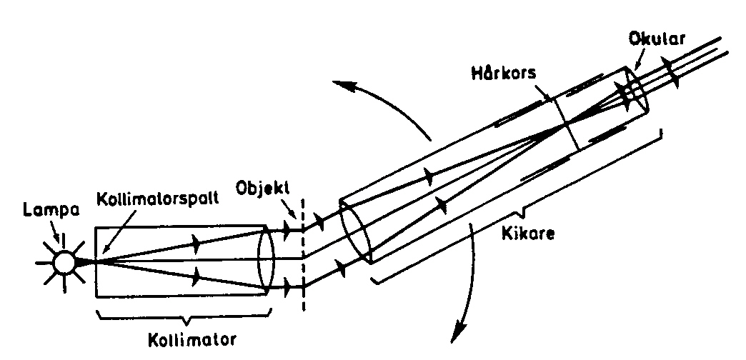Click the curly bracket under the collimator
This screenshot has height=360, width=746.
pos(182,315)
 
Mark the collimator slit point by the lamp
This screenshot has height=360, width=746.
pos(93,261)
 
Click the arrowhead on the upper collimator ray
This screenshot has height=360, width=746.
pos(194,243)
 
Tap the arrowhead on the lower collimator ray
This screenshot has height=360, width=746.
pos(194,275)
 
